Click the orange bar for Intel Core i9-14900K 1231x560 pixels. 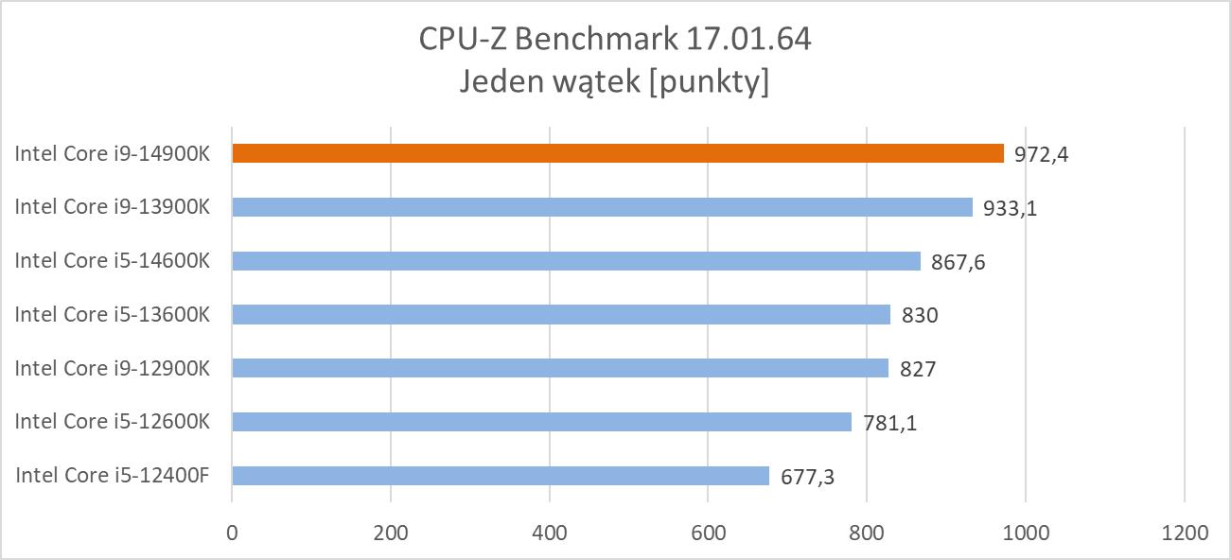618,153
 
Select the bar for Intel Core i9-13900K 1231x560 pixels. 602,207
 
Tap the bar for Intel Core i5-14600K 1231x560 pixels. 576,261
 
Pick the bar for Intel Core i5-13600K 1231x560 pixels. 561,314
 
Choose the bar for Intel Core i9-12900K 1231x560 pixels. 560,368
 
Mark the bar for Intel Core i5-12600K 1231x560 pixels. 541,422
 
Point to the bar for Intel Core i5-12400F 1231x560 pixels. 501,476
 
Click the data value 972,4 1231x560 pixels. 1042,154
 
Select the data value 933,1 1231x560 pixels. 1011,208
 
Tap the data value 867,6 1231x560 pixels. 958,262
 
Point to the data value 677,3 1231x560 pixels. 807,477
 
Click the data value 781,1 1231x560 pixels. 889,423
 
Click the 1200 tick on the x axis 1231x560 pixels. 1185,533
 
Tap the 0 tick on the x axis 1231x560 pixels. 232,533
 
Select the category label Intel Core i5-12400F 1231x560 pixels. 112,476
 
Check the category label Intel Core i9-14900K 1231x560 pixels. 112,153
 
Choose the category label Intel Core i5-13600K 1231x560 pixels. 112,314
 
